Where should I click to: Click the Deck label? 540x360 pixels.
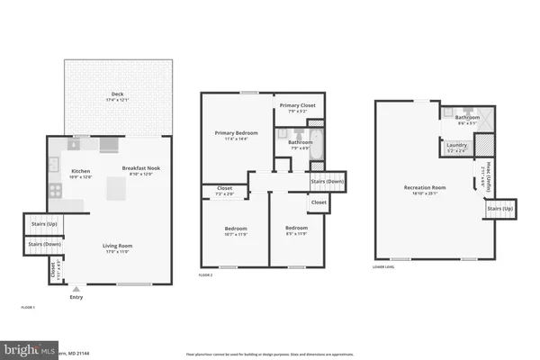click(x=117, y=94)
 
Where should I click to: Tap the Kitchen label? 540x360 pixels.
click(x=81, y=170)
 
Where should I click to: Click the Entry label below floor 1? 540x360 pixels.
click(x=76, y=298)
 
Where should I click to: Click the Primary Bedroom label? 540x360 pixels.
click(x=236, y=133)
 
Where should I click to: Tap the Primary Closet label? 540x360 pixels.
click(x=296, y=105)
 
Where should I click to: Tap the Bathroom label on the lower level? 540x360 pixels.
click(x=467, y=117)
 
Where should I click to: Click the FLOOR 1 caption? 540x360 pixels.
click(x=28, y=308)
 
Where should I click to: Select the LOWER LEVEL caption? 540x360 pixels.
click(x=385, y=267)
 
